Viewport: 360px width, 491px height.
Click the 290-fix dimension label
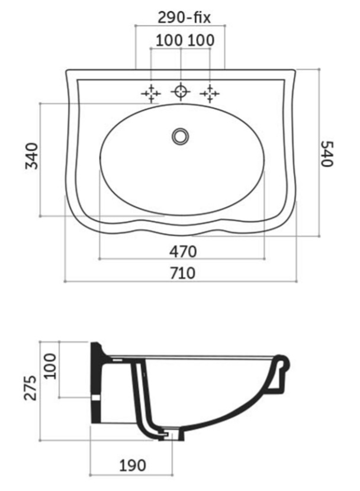point(184,18)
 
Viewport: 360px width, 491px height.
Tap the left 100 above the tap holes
point(169,40)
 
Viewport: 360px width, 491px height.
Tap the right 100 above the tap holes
point(201,40)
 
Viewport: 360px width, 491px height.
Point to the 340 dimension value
point(31,156)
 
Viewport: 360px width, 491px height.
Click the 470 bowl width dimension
point(183,251)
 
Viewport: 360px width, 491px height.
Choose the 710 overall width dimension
point(182,273)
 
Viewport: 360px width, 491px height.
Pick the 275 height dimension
point(30,388)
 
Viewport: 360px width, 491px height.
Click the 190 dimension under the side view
point(133,466)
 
